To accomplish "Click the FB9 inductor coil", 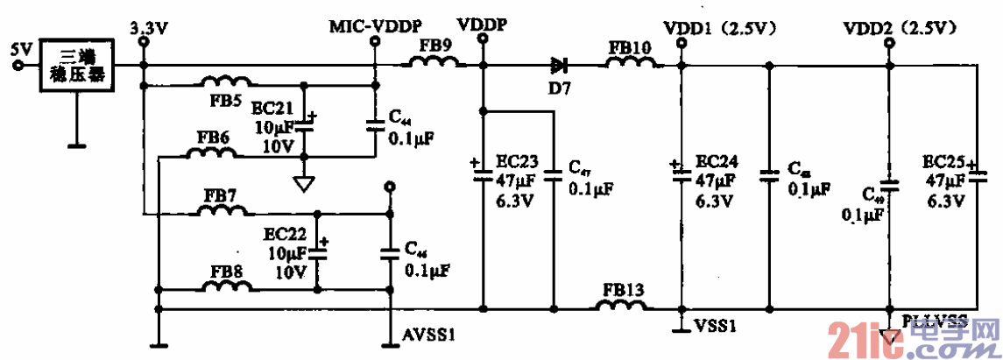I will [434, 62].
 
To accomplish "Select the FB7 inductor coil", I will [224, 210].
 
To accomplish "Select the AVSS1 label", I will [427, 335].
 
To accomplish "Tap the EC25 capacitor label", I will [944, 162].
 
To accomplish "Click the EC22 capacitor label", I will [286, 235].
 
